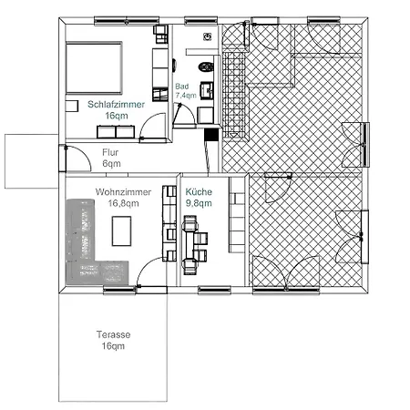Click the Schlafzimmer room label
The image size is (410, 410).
(x=116, y=104)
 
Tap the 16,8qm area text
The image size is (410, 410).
(x=123, y=203)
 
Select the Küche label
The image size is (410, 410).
(x=199, y=191)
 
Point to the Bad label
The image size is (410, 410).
(x=182, y=87)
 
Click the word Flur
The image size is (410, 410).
(x=110, y=152)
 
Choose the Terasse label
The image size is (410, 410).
(x=114, y=334)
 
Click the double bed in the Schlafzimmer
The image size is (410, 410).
(x=94, y=68)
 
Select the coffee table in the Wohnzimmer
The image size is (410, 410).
(x=121, y=231)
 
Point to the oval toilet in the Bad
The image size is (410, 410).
(x=206, y=67)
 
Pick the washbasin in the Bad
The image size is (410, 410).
(x=207, y=90)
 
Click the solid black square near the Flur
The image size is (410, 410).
(x=211, y=135)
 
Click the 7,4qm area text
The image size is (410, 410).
(x=186, y=96)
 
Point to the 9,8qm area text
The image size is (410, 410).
(x=199, y=203)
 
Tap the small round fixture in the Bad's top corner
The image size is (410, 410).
(x=208, y=36)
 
